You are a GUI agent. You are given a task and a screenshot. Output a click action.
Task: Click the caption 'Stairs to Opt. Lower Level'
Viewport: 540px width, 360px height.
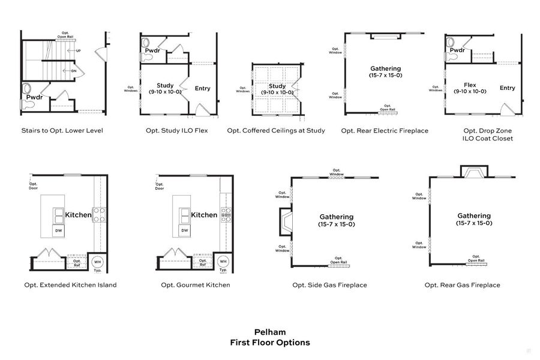coord(62,130)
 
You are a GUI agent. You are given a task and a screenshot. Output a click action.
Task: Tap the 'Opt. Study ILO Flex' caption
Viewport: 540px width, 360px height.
coord(176,130)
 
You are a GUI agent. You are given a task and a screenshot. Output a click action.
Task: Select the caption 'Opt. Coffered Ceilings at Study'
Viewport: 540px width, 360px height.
coord(276,130)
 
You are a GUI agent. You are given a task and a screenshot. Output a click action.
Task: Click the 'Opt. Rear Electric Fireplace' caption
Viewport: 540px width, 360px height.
coord(385,130)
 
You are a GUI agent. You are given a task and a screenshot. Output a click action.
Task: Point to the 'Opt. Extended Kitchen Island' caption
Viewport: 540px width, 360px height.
coord(70,285)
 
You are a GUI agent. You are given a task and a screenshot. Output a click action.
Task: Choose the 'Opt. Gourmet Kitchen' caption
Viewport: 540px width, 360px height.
coord(195,285)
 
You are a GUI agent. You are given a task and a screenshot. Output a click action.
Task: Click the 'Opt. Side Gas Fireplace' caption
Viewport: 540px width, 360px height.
coord(329,285)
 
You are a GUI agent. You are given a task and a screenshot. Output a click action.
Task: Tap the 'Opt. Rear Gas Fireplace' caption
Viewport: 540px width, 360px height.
coord(462,285)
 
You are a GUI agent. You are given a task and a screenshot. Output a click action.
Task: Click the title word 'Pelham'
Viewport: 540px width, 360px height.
coord(270,332)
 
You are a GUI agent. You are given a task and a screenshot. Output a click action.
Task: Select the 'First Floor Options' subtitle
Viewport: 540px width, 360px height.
coord(270,343)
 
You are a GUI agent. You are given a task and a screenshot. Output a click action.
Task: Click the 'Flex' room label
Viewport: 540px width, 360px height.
coord(470,85)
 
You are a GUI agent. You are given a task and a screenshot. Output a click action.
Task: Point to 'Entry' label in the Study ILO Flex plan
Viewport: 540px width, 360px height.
coord(203,88)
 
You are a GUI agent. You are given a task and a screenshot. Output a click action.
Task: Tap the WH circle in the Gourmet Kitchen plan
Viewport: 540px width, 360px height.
coord(223,262)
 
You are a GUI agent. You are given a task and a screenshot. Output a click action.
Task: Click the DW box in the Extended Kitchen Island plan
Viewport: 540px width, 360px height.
coord(58,230)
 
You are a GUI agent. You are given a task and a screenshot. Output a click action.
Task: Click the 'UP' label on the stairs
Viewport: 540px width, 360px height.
coord(78,51)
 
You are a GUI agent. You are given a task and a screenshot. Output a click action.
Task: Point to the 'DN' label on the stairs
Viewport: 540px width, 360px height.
coord(73,70)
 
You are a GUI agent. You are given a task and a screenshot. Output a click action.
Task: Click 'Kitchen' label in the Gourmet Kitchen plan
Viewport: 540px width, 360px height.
coord(204,215)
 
